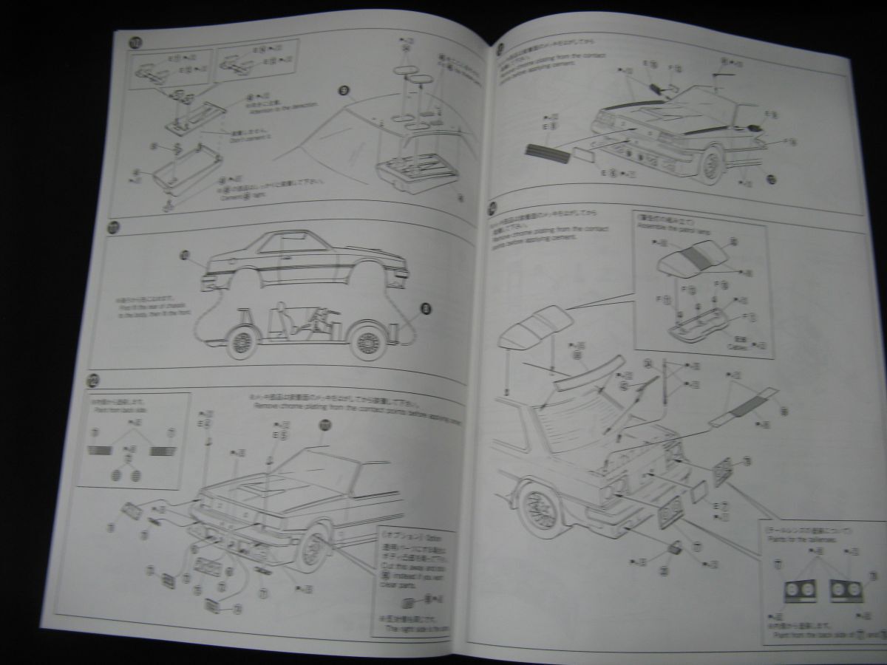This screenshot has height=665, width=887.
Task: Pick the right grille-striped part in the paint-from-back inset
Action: pos(162,450)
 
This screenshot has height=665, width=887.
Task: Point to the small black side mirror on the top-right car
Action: pos(754,126)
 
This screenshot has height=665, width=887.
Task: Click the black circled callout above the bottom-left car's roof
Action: pos(323,425)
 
